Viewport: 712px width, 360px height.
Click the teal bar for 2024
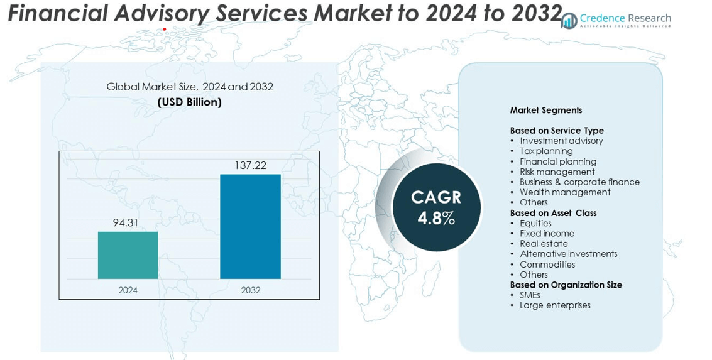pos(128,255)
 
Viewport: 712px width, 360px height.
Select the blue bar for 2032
pos(250,226)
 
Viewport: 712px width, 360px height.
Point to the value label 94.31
pos(126,222)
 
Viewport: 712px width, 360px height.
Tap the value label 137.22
pos(250,165)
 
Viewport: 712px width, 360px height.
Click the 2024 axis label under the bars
pos(128,290)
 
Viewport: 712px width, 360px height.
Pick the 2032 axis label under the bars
pos(250,290)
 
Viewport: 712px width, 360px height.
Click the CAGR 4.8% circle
pos(436,207)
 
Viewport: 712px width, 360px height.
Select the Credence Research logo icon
pos(569,21)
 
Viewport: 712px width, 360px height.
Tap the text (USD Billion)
pos(190,102)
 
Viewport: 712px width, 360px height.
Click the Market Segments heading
pos(546,110)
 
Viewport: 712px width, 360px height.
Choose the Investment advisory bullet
pos(561,141)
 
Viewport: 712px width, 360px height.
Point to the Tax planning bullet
pos(546,151)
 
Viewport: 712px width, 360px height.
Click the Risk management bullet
pos(557,172)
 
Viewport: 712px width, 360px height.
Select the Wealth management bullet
pos(565,192)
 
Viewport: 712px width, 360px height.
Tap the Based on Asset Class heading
pos(553,213)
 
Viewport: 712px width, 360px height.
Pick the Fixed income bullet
pos(547,233)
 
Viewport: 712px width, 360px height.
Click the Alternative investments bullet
pos(568,254)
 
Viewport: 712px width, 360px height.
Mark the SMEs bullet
pos(530,295)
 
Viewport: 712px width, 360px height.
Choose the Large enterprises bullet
pos(555,305)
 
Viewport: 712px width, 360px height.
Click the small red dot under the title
pos(165,29)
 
